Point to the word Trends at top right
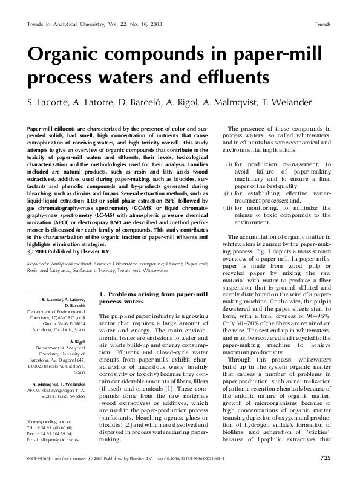pyautogui.click(x=322, y=24)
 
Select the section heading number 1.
pyautogui.click(x=101, y=294)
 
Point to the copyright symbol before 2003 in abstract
pyautogui.click(x=31, y=250)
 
